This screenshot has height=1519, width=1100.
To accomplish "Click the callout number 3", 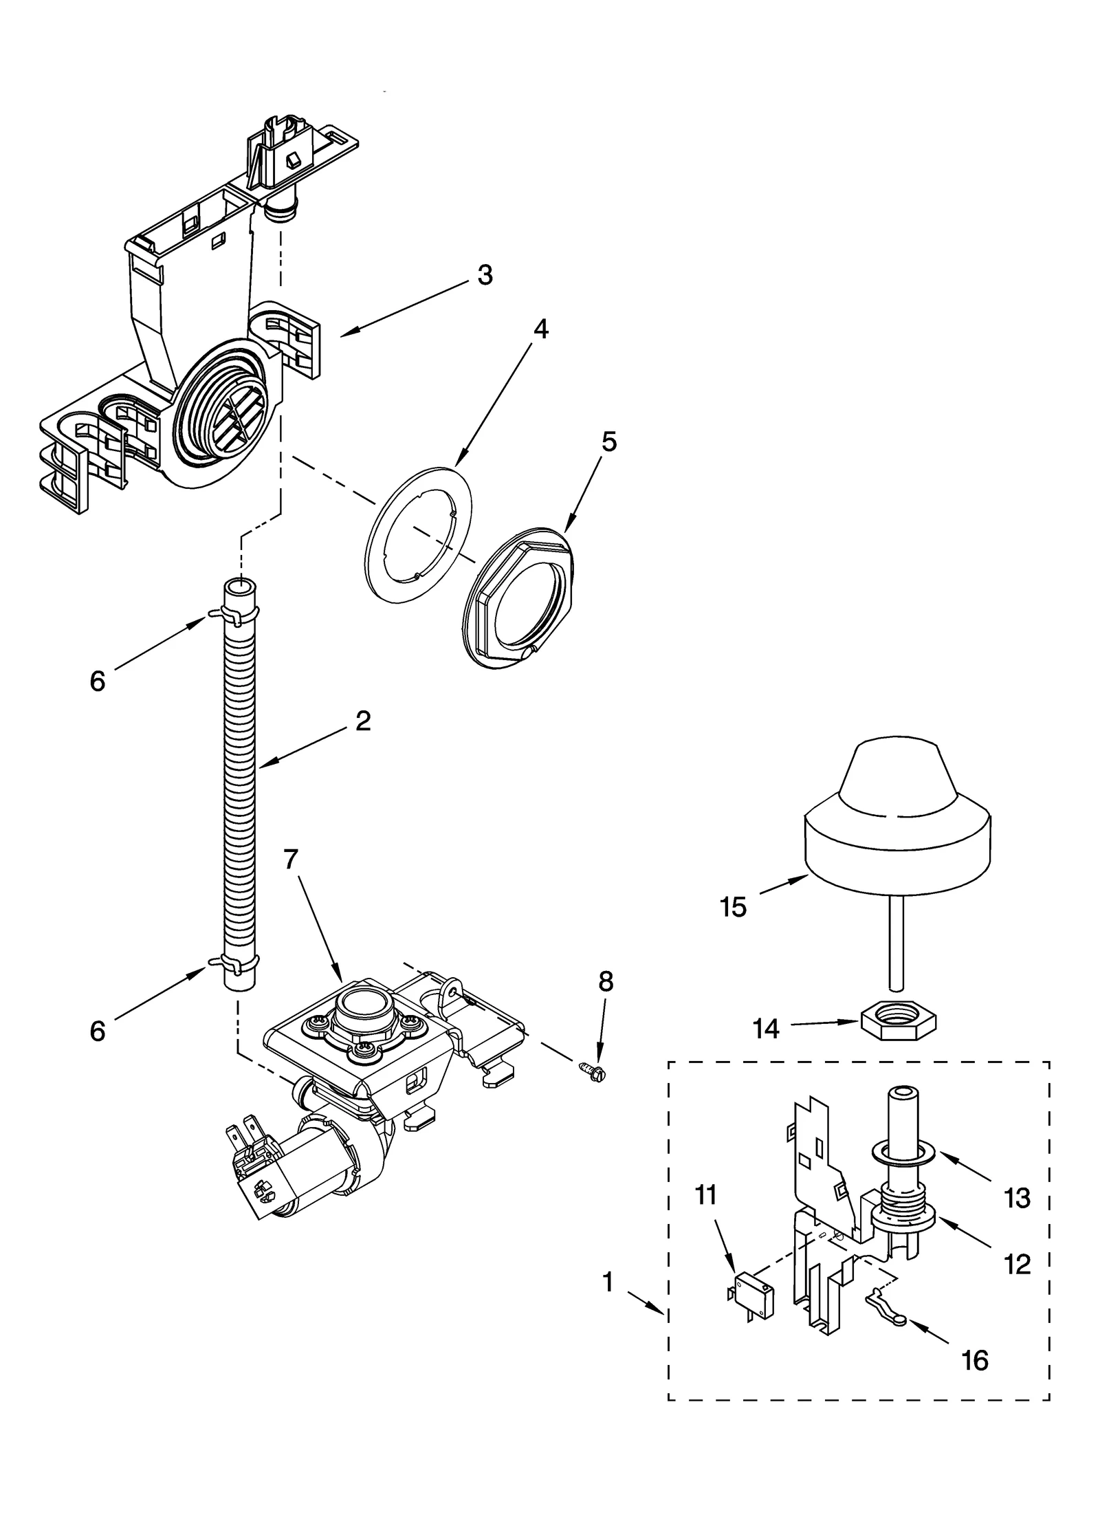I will (x=485, y=275).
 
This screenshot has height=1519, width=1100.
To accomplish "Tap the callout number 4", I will (x=541, y=329).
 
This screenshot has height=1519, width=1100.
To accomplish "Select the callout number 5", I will (x=608, y=441).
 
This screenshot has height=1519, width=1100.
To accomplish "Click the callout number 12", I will (x=1017, y=1264).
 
